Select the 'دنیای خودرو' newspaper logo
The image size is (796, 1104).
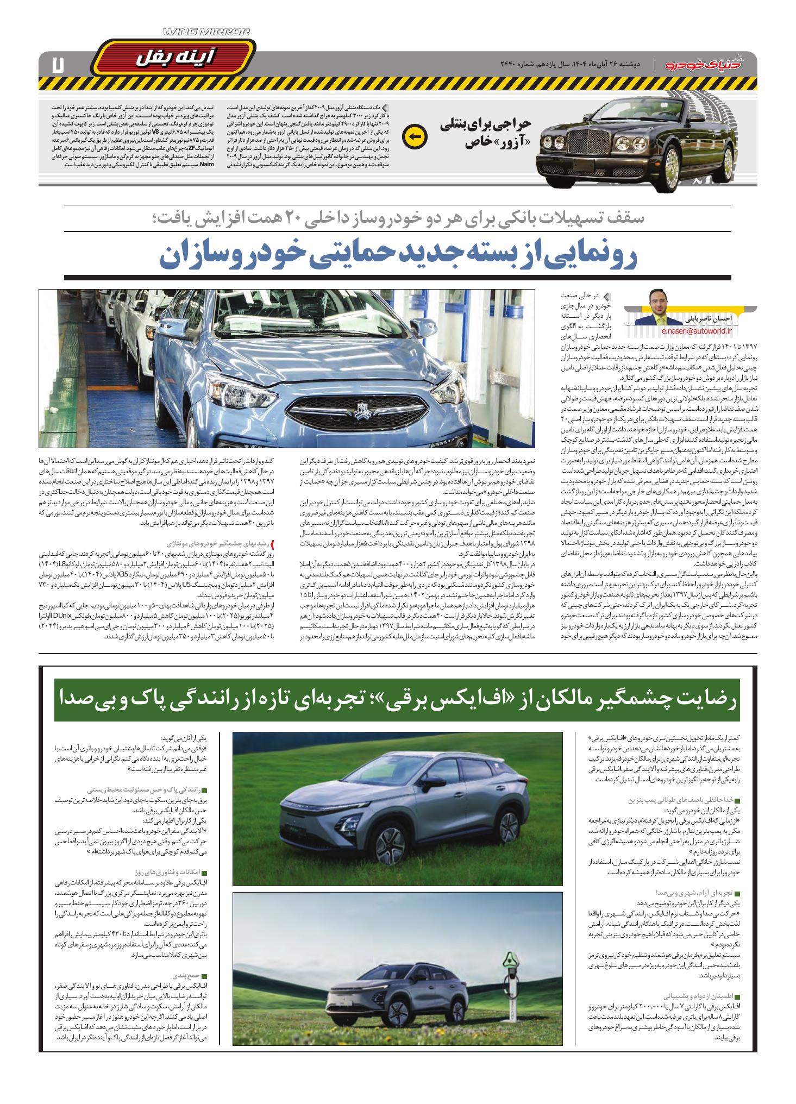click(706, 65)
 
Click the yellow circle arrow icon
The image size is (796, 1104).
click(413, 136)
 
